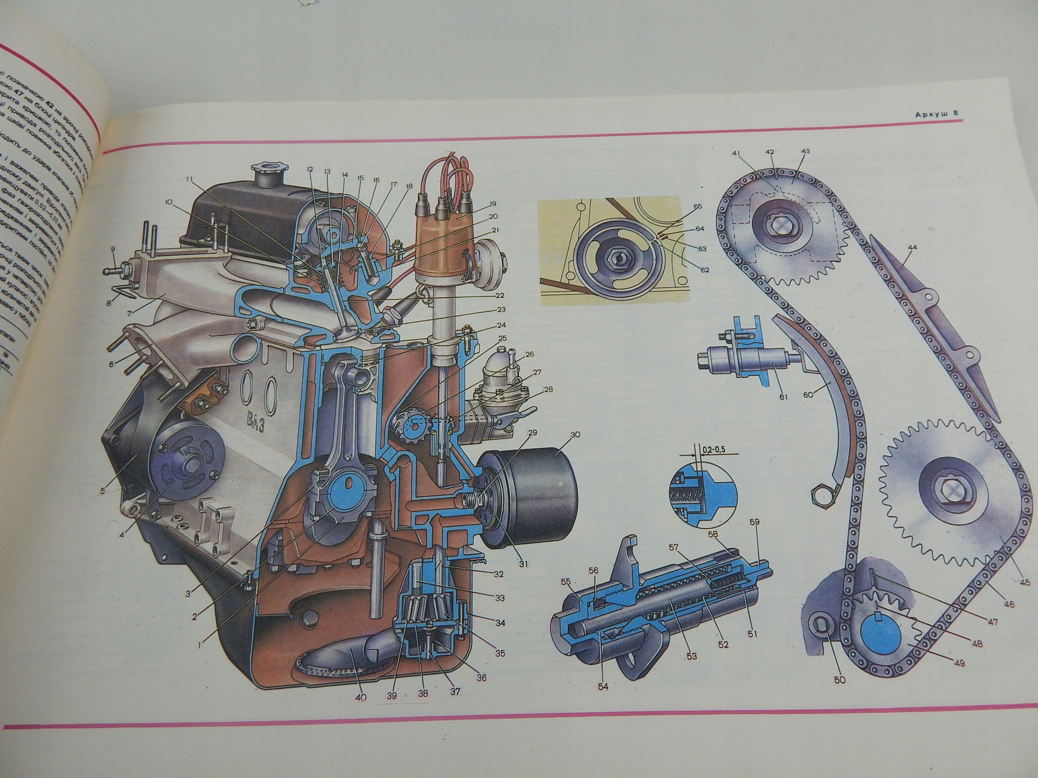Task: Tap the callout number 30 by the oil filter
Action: pyautogui.click(x=575, y=434)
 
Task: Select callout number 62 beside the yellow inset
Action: pyautogui.click(x=704, y=270)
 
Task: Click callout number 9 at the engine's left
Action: pyautogui.click(x=113, y=249)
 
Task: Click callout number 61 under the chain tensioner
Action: pyautogui.click(x=784, y=397)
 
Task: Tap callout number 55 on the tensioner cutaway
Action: pyautogui.click(x=566, y=582)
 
